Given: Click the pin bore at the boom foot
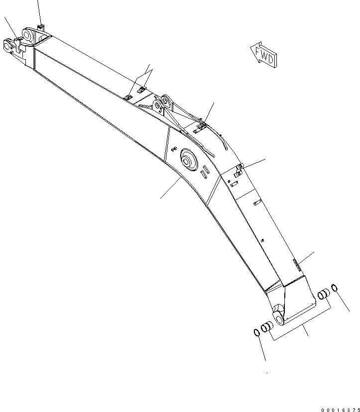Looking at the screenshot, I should tap(278, 316).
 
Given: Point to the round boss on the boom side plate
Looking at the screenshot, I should tap(189, 160).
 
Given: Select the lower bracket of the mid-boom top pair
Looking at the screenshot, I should tap(127, 97).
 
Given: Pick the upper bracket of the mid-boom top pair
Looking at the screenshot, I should tap(141, 90).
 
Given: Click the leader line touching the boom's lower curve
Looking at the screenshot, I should tap(171, 186).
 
